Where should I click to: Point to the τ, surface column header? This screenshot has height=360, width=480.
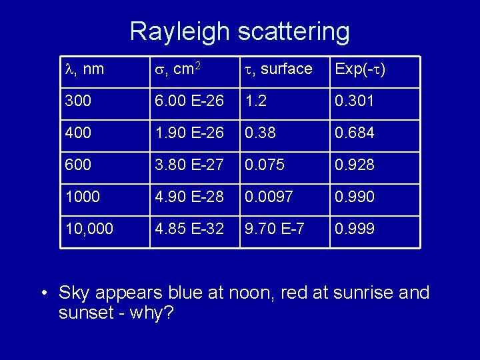tap(278, 69)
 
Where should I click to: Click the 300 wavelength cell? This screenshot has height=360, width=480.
tap(79, 101)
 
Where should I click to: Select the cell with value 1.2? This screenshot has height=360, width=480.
tap(255, 101)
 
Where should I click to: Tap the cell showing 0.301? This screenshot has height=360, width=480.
tap(354, 101)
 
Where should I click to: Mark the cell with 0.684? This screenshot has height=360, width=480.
tap(354, 133)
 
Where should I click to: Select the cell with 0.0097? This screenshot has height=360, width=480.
tap(270, 197)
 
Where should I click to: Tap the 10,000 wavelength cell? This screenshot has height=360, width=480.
tap(89, 229)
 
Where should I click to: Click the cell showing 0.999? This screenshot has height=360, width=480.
tap(354, 229)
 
